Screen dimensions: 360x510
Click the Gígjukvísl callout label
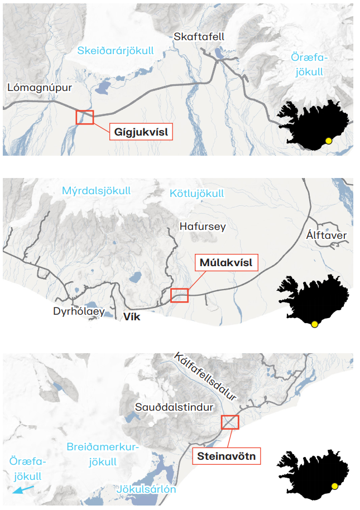tap(141, 132)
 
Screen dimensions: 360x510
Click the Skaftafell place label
tap(199, 37)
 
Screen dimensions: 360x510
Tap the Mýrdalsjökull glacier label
tap(97, 191)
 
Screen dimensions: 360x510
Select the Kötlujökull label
tap(196, 194)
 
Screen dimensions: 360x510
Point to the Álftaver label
tap(327, 235)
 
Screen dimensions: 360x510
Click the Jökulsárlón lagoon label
tap(147, 489)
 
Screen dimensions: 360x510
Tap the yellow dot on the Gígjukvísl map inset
tap(329, 141)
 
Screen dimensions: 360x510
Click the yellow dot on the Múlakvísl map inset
tap(315, 324)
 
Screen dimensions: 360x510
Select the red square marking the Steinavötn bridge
tap(229, 422)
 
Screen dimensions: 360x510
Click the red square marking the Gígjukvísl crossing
tap(85, 117)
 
